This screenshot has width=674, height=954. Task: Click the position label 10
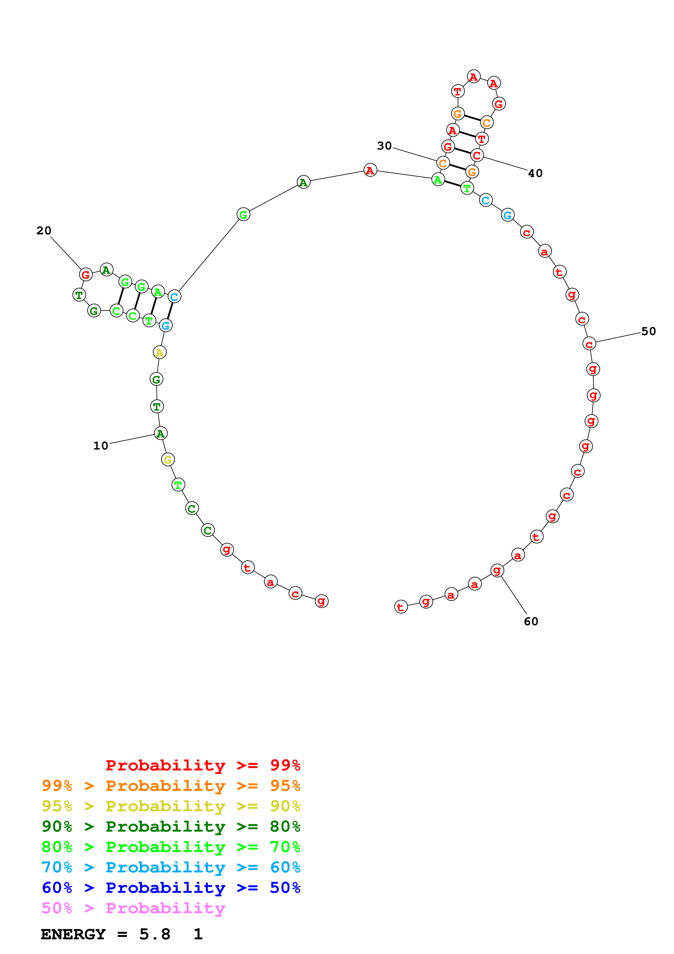point(101,446)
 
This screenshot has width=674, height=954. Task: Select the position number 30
point(384,146)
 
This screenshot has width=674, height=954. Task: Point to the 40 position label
point(535,173)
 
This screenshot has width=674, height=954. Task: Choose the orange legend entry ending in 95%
point(171,786)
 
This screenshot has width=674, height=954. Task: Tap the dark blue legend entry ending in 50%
point(171,888)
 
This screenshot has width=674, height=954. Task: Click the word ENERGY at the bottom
point(73,934)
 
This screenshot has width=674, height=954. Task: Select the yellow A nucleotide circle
point(160,352)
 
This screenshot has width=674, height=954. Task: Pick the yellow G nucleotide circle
point(168,460)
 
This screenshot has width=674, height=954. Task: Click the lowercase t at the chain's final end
point(401,607)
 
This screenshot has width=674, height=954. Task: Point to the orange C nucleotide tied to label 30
point(443,163)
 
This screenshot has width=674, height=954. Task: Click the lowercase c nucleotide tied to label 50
point(589,344)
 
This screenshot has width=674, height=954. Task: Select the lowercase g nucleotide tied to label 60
point(497,571)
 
